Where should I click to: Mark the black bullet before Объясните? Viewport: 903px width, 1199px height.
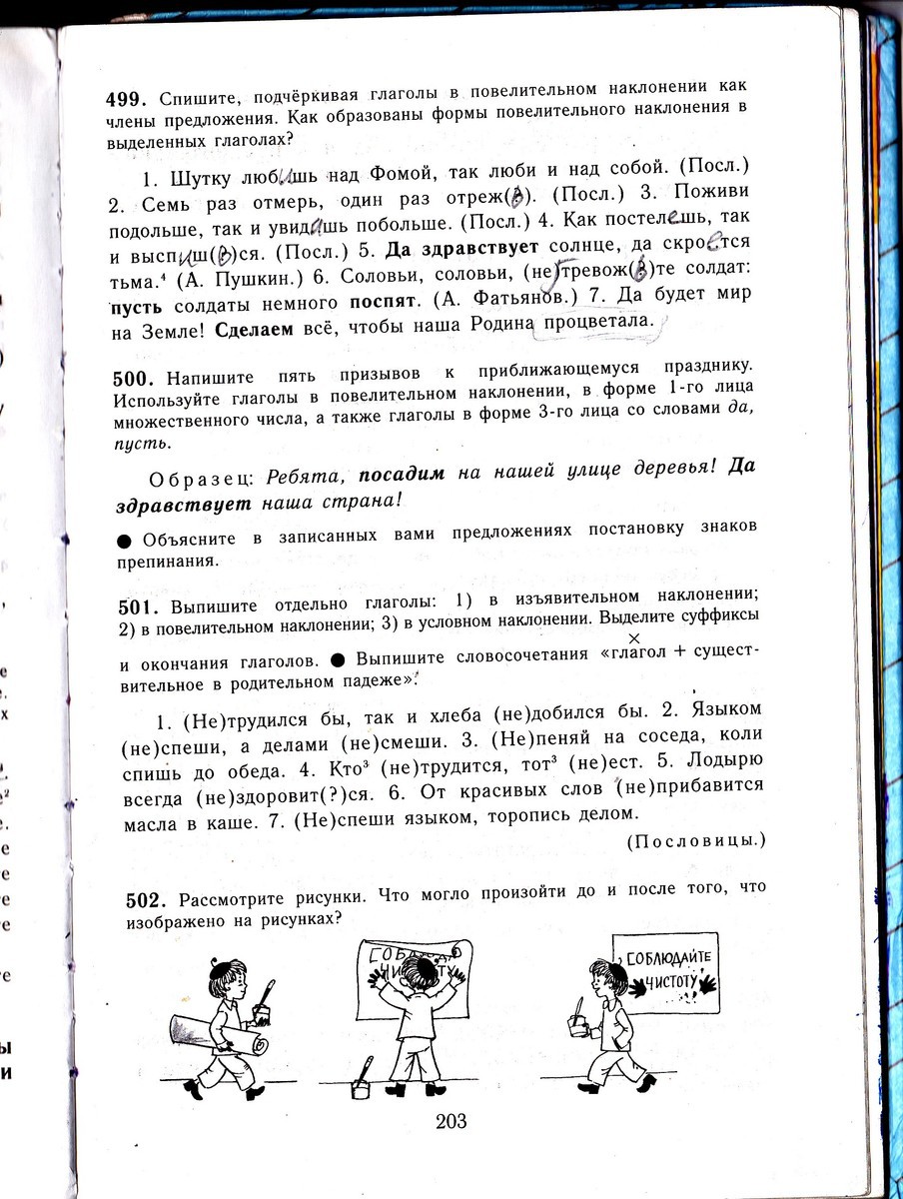pyautogui.click(x=125, y=539)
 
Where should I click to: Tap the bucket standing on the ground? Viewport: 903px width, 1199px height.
pyautogui.click(x=362, y=1086)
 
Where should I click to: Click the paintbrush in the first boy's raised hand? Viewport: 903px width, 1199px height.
pyautogui.click(x=267, y=1002)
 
